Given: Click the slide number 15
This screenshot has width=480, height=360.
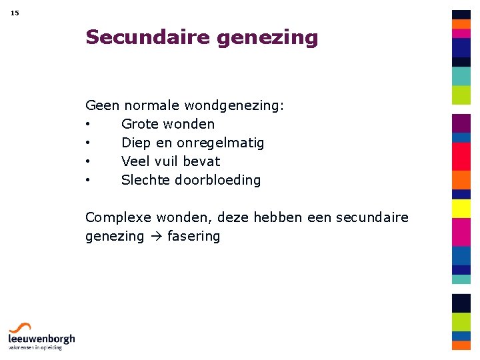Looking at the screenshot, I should pyautogui.click(x=15, y=13).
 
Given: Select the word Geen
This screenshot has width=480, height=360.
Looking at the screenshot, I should pyautogui.click(x=102, y=105).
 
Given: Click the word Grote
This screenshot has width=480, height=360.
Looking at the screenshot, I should pyautogui.click(x=140, y=124).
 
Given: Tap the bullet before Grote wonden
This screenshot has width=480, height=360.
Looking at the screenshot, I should pyautogui.click(x=88, y=125).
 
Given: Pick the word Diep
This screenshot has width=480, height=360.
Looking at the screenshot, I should pyautogui.click(x=137, y=143).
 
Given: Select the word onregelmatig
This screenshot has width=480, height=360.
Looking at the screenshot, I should pyautogui.click(x=220, y=143).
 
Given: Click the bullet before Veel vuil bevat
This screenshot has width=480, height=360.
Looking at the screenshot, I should pyautogui.click(x=88, y=162).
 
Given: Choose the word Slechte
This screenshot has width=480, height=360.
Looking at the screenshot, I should pyautogui.click(x=145, y=180).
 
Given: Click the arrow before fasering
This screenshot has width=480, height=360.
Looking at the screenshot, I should pyautogui.click(x=156, y=237).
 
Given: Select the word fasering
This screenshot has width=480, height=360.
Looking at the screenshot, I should pyautogui.click(x=194, y=237).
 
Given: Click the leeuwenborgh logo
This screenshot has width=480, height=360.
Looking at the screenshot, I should pyautogui.click(x=41, y=336).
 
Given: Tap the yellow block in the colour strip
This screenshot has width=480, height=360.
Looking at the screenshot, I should pyautogui.click(x=461, y=209).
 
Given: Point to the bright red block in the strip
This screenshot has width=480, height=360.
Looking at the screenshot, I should pyautogui.click(x=461, y=156).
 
